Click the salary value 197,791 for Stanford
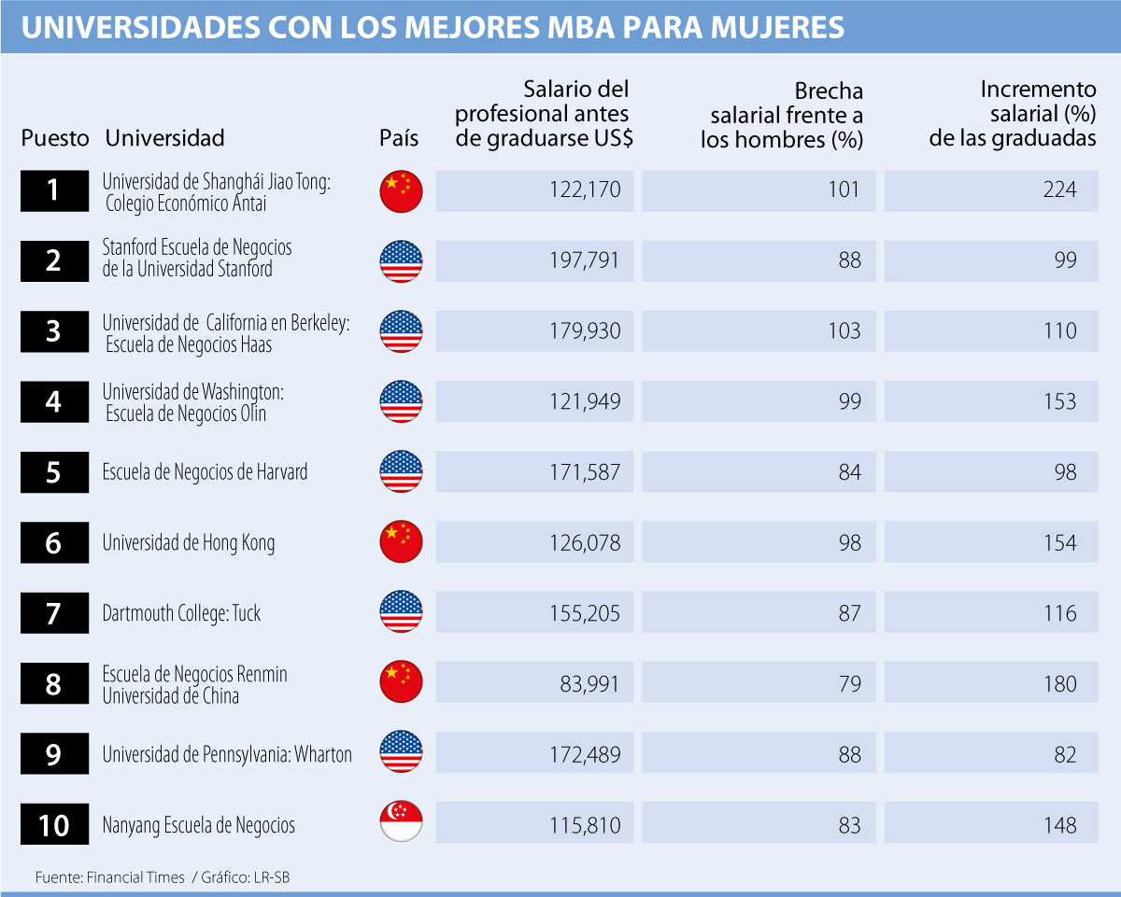(x=584, y=260)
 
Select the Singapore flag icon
(x=401, y=824)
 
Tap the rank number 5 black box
(x=54, y=472)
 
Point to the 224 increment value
(x=1059, y=190)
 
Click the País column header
(x=399, y=138)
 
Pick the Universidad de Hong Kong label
(x=188, y=543)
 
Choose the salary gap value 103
(x=844, y=331)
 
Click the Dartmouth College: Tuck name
(x=181, y=613)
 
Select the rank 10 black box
(x=54, y=825)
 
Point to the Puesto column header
(x=55, y=138)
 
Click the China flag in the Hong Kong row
(x=401, y=542)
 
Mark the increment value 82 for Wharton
(x=1065, y=755)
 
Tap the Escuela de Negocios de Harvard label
(x=205, y=472)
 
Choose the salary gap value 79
(x=849, y=684)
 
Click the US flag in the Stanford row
(x=401, y=261)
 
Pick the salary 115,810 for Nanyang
(x=585, y=826)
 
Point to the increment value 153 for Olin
(x=1059, y=402)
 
